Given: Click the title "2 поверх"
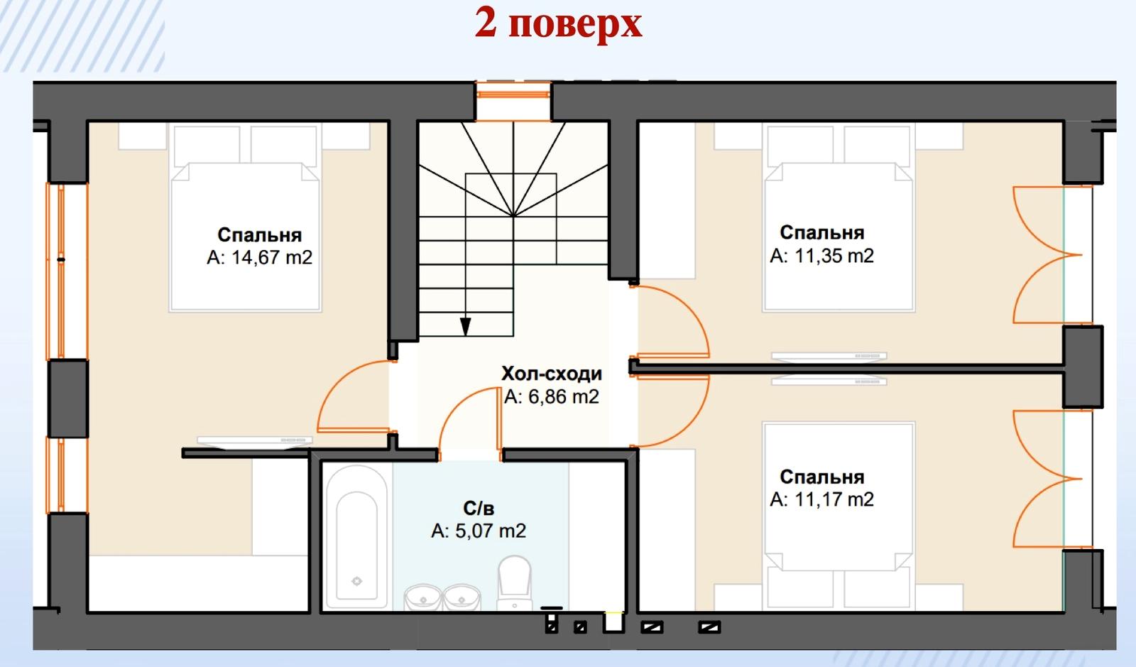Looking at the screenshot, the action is coord(558,23).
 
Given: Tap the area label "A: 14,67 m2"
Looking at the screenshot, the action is coord(259,258).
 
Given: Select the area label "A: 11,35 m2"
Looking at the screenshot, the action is coord(821,256).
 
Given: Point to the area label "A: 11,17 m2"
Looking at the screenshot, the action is coord(821,499).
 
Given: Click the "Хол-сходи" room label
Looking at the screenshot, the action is coord(551,374).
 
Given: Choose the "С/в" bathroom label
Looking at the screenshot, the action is coord(479,508).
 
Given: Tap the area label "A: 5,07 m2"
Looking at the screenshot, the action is coord(479,531).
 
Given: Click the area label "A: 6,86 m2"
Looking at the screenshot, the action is coord(551,396).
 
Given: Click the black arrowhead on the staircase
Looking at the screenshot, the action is coord(465,326).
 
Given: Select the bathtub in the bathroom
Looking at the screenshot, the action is coord(356,536).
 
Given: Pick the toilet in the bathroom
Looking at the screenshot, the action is coord(514,583).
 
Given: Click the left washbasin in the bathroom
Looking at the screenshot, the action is coord(422,598).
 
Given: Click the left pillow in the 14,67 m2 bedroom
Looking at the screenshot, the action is coord(207,146).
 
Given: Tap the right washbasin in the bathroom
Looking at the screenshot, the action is coord(461,598).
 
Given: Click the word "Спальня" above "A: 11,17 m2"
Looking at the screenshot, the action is coord(821,477).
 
